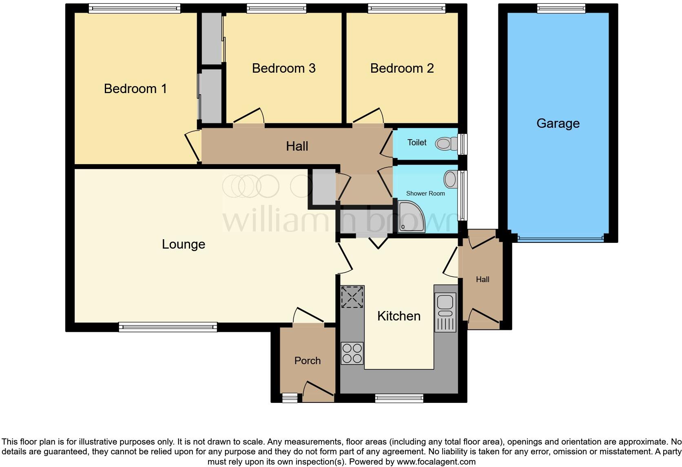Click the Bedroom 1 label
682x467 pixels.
pyautogui.click(x=135, y=89)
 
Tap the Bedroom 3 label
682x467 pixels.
pyautogui.click(x=283, y=68)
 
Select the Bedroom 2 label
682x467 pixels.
pyautogui.click(x=402, y=68)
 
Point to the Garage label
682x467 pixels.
pyautogui.click(x=558, y=123)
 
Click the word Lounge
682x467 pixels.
pyautogui.click(x=184, y=244)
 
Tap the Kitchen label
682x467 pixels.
pyautogui.click(x=399, y=316)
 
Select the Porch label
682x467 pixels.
pyautogui.click(x=308, y=360)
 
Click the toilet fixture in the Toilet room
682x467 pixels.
pyautogui.click(x=446, y=144)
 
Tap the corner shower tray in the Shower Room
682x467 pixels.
pyautogui.click(x=410, y=217)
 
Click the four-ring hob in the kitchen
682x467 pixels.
pyautogui.click(x=352, y=353)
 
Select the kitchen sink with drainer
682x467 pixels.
pyautogui.click(x=445, y=312)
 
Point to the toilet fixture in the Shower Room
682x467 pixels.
pyautogui.click(x=451, y=179)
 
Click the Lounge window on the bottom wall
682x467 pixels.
pyautogui.click(x=168, y=327)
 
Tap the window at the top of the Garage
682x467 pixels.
pyautogui.click(x=561, y=8)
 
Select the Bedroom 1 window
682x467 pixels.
pyautogui.click(x=134, y=8)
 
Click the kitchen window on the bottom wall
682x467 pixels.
pyautogui.click(x=399, y=398)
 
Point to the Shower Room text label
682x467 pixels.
pyautogui.click(x=425, y=193)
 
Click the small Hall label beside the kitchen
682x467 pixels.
pyautogui.click(x=483, y=280)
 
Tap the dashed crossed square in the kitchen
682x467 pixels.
pyautogui.click(x=352, y=297)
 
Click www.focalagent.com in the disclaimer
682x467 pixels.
pyautogui.click(x=436, y=462)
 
